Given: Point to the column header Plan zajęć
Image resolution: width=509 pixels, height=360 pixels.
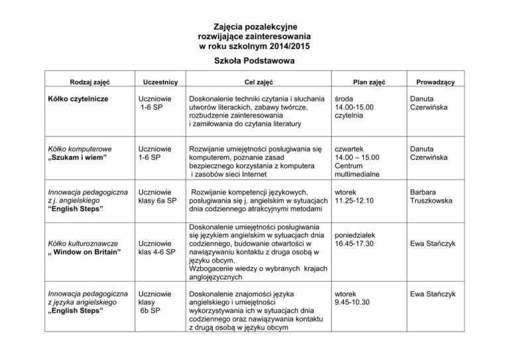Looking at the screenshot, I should [370, 82].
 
